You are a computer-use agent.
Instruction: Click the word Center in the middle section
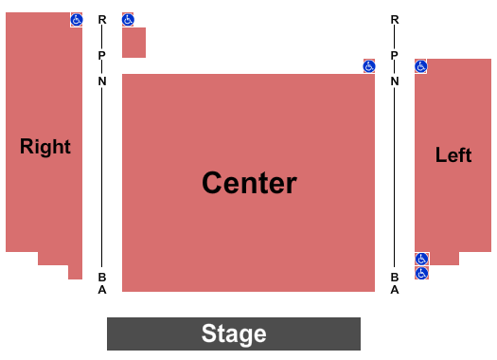tap(249, 183)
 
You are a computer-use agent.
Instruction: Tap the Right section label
tap(45, 147)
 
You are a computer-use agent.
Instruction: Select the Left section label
tap(453, 155)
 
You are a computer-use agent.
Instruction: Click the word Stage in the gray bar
tap(234, 333)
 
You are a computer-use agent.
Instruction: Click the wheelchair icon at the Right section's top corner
tap(76, 19)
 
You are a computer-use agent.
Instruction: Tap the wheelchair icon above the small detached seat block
tap(128, 19)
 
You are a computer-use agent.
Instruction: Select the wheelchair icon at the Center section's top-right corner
tap(369, 66)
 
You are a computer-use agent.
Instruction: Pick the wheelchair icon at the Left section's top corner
tap(421, 66)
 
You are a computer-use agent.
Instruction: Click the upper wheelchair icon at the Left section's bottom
tap(422, 259)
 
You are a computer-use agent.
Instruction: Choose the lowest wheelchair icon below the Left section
tap(422, 273)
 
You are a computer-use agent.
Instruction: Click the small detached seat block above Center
tap(133, 43)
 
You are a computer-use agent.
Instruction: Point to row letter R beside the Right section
tap(102, 20)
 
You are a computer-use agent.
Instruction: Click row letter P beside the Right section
tap(102, 55)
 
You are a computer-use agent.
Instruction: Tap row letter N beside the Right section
tap(102, 81)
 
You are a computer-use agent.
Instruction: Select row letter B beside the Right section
tap(102, 277)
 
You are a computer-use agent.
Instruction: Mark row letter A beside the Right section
tap(102, 290)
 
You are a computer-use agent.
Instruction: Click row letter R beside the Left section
tap(395, 20)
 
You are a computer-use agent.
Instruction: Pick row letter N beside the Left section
tap(395, 81)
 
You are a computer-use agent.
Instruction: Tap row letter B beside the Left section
tap(395, 277)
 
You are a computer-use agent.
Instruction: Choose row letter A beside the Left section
tap(395, 290)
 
